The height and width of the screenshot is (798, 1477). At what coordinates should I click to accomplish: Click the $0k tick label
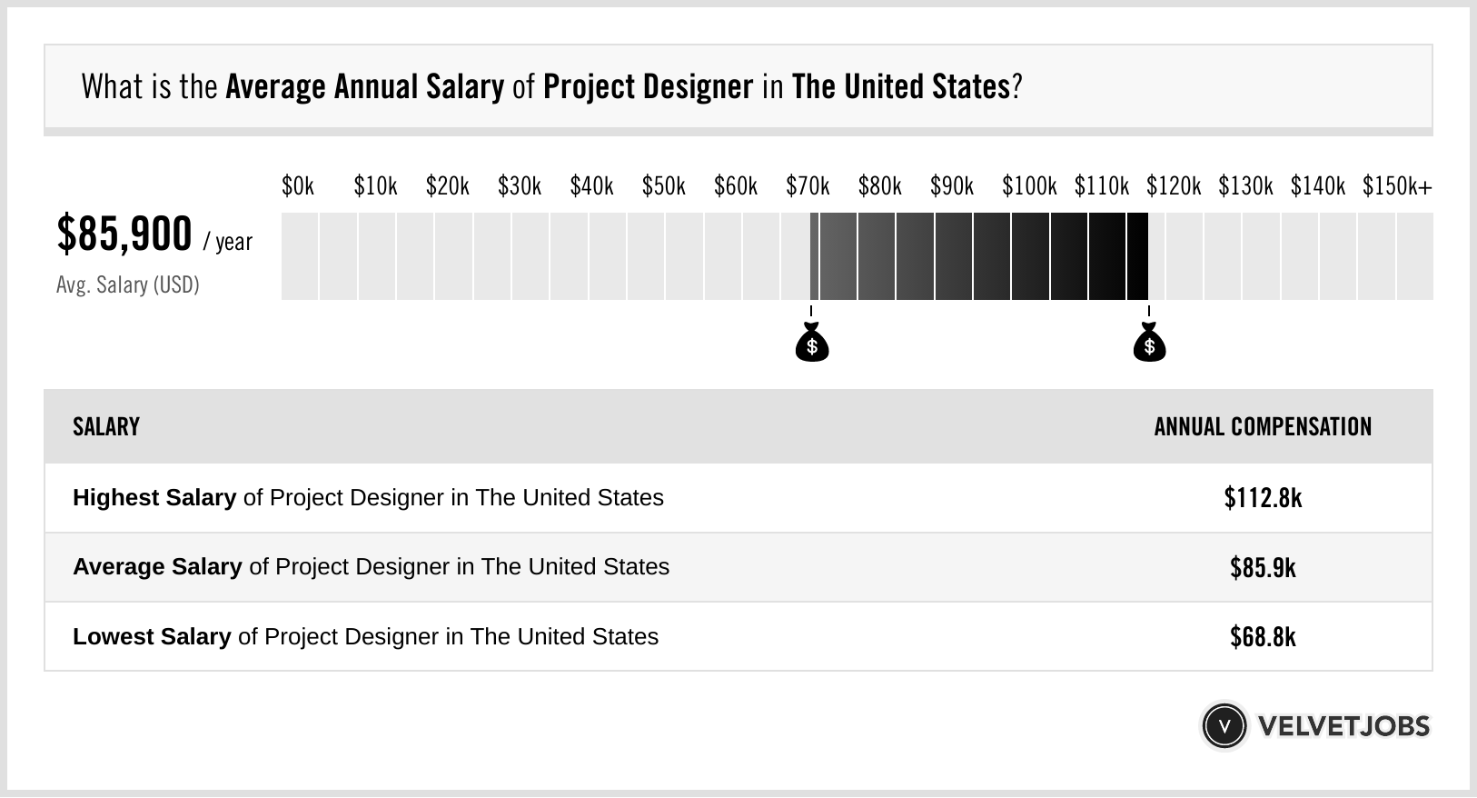[298, 186]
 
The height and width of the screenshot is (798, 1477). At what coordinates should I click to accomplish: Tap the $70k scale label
[808, 186]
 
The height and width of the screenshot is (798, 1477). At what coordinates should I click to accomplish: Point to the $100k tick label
[1029, 186]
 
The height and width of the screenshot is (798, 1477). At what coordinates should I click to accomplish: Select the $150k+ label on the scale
[1397, 186]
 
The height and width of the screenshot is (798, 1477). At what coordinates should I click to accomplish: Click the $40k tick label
[591, 186]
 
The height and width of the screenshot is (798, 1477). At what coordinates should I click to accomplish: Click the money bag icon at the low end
[812, 342]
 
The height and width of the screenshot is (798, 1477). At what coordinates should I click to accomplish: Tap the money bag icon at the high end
[1149, 342]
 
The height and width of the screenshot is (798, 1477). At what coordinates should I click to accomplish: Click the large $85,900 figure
[124, 234]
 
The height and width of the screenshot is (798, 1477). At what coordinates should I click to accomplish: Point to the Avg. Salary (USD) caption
[128, 284]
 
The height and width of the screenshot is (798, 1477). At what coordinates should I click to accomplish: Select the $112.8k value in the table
[1263, 498]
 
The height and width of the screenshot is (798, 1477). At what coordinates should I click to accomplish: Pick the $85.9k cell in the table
[1263, 567]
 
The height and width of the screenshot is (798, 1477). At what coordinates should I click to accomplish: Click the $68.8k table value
[1263, 637]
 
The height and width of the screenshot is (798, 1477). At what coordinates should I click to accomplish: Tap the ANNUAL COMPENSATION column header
[1263, 426]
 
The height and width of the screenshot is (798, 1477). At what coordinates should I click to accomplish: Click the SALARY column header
[106, 426]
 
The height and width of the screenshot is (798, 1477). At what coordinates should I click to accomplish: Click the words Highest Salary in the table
[154, 498]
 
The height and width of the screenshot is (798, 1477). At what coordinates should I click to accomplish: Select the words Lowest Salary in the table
[152, 637]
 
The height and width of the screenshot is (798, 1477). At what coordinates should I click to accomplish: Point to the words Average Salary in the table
[157, 567]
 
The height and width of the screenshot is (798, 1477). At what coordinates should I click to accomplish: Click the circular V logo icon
[1224, 726]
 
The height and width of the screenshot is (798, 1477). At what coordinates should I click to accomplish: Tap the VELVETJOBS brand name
[1343, 726]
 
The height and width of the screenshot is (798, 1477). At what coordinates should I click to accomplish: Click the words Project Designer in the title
[649, 86]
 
